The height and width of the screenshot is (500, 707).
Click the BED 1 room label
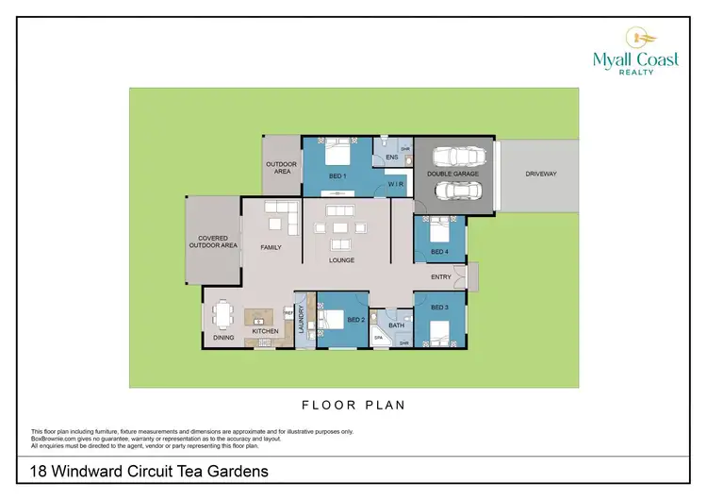coord(338,176)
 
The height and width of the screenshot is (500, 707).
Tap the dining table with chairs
coord(222,314)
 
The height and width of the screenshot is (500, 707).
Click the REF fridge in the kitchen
coord(288,310)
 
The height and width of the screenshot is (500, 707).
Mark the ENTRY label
coord(440,277)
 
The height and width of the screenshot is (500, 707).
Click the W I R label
coord(396,185)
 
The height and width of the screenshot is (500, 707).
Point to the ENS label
coord(390,157)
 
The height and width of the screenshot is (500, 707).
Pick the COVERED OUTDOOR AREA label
coord(217,242)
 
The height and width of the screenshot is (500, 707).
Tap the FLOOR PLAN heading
coord(353,406)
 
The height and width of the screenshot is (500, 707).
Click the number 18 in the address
coord(38,471)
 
